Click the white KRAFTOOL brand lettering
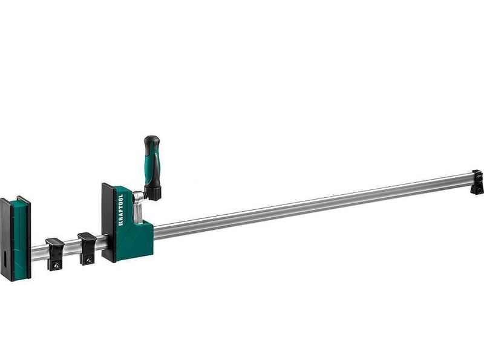pyautogui.click(x=120, y=210)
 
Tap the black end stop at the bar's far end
pyautogui.click(x=477, y=182)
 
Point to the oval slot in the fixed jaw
pyautogui.click(x=5, y=258)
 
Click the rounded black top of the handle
pyautogui.click(x=152, y=142)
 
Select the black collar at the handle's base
pyautogui.click(x=153, y=192)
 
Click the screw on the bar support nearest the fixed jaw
pyautogui.click(x=56, y=265)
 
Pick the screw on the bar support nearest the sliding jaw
pyautogui.click(x=88, y=260)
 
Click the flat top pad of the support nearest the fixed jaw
pyautogui.click(x=55, y=241)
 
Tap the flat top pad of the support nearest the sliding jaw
pyautogui.click(x=87, y=236)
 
